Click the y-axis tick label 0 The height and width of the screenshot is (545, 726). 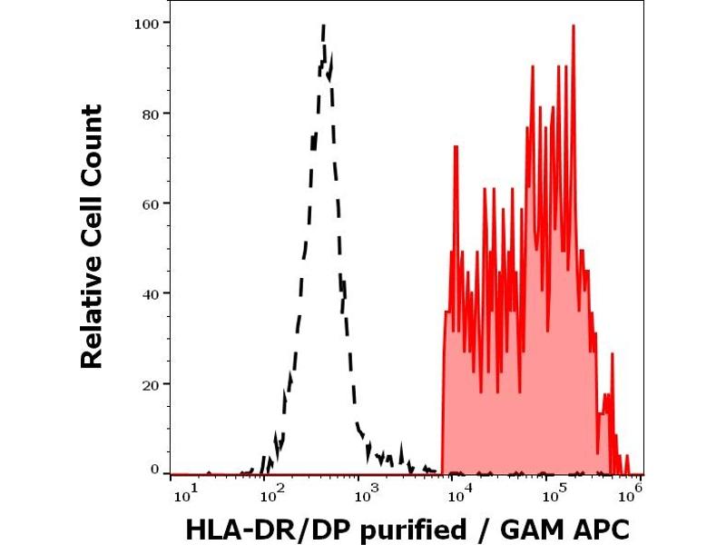point(153,470)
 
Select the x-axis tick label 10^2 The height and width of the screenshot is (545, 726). point(269,493)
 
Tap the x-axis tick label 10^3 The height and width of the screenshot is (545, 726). point(363,493)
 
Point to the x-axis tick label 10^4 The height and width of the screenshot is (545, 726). point(458,493)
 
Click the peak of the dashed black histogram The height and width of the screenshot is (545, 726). point(324,27)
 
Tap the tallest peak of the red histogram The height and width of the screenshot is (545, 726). point(574,26)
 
